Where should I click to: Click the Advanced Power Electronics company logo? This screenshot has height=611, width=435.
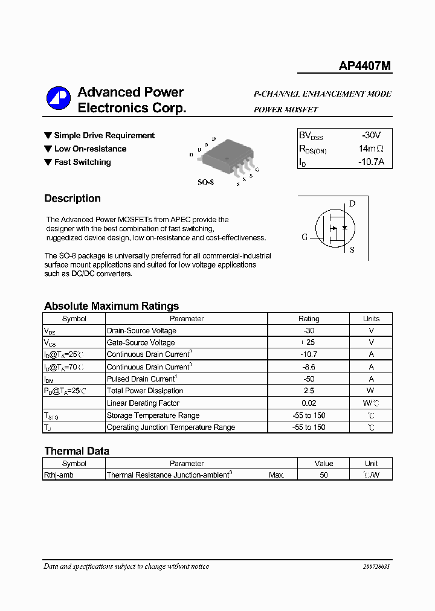point(59,100)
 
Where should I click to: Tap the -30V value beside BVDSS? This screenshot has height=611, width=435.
point(371,136)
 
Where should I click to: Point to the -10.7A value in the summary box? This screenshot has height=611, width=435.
point(370,162)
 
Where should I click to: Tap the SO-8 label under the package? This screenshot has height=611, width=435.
point(205,182)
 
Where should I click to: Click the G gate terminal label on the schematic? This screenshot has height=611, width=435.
point(304,237)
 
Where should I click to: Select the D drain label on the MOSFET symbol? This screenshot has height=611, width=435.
point(352,203)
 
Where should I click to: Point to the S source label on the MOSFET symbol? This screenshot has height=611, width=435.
point(352,249)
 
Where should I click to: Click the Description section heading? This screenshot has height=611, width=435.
point(72,199)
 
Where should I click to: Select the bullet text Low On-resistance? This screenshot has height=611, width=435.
point(90,149)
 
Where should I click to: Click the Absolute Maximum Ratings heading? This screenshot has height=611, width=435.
point(111,306)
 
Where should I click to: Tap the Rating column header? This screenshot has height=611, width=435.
point(309,319)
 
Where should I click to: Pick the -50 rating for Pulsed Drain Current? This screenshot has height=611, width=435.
point(309,379)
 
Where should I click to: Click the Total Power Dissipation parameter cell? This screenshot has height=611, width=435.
point(145,391)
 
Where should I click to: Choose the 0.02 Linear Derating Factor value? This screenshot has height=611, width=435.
point(309,403)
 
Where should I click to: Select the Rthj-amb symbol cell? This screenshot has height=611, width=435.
point(59,475)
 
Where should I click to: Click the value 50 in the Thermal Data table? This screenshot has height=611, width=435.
point(324,475)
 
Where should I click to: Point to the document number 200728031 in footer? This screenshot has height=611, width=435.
point(376,567)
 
